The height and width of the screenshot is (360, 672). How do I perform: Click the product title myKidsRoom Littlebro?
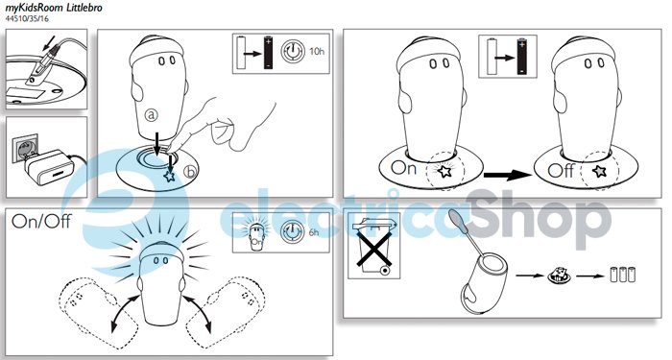[54, 8]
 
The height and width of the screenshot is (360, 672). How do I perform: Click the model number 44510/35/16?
[27, 18]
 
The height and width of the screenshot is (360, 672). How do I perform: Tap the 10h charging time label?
[317, 52]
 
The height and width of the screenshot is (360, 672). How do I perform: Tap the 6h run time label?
[314, 232]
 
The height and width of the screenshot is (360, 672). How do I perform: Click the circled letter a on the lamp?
[151, 114]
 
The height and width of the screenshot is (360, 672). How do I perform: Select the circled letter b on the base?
[190, 172]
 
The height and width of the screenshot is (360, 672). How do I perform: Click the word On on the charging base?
[403, 168]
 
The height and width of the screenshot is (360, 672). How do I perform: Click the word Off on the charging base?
[561, 171]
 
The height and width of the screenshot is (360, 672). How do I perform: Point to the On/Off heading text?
[41, 221]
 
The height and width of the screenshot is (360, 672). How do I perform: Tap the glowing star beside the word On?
[444, 172]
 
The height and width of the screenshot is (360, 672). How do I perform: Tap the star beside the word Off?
[599, 172]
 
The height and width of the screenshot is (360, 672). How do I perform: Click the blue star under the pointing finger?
[170, 176]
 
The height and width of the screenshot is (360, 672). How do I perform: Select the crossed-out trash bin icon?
[373, 245]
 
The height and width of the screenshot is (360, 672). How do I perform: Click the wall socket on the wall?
[23, 149]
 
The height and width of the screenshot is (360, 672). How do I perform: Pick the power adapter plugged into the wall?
[48, 167]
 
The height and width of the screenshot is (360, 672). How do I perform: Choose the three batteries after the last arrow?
[623, 275]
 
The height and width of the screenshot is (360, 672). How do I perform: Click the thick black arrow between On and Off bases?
[508, 175]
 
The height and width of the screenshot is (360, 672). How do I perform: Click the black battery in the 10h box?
[268, 53]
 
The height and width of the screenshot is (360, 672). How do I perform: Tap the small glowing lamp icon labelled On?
[256, 233]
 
